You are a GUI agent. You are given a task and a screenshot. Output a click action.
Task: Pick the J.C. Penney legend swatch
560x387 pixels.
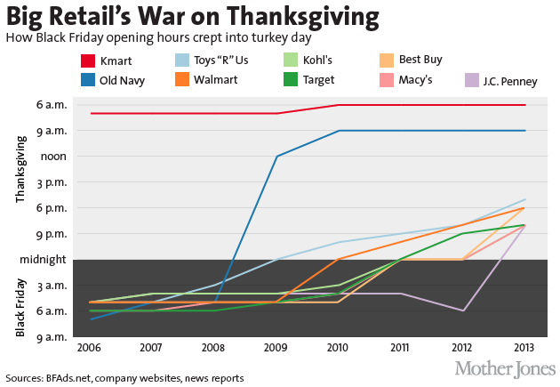pos(471,79)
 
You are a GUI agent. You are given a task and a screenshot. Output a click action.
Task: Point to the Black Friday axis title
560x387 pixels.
pos(21,307)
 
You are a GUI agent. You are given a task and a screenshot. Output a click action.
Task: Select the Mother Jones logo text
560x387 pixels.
pos(505,367)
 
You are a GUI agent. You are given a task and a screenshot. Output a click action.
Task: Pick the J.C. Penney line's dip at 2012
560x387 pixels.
pos(463,310)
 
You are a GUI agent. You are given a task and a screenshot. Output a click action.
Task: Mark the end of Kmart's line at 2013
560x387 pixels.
pos(525,105)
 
